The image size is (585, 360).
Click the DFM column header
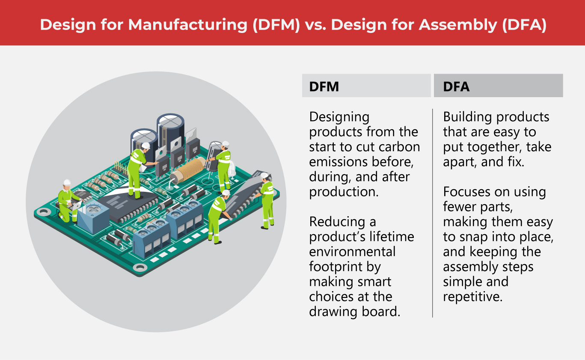pos(324,86)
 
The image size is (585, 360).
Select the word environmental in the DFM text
pos(352,252)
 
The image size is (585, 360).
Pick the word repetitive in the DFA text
pos(472,297)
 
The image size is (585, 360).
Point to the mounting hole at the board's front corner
pos(140,268)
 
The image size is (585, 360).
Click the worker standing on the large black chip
pos(137,171)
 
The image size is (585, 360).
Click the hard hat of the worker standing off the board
pos(264,176)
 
